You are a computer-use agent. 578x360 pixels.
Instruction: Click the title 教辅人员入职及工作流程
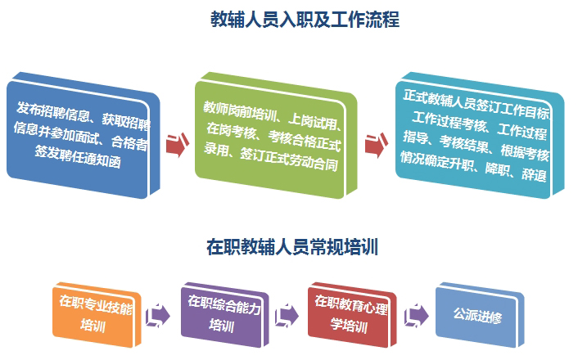click(x=305, y=20)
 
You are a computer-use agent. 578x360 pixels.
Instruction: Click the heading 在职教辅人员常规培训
click(x=292, y=247)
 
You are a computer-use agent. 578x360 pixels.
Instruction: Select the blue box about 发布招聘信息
click(x=84, y=135)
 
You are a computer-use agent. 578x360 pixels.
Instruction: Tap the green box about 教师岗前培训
click(x=276, y=135)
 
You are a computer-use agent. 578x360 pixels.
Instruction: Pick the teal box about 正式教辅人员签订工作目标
click(x=480, y=135)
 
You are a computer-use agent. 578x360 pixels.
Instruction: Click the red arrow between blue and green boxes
click(x=178, y=145)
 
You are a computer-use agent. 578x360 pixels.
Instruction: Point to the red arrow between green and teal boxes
click(x=377, y=145)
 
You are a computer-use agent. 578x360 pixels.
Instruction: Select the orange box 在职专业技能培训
click(x=97, y=315)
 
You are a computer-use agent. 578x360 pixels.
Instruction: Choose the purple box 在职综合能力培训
click(x=225, y=315)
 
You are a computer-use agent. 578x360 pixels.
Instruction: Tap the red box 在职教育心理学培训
click(x=352, y=315)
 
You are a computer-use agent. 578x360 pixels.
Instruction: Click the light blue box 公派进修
click(x=480, y=315)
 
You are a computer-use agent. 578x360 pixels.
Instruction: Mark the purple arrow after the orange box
click(x=158, y=316)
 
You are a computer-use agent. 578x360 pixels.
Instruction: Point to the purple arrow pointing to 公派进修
click(x=417, y=316)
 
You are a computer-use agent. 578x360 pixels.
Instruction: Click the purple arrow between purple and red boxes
click(x=287, y=316)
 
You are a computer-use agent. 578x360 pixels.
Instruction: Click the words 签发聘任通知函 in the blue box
click(x=78, y=156)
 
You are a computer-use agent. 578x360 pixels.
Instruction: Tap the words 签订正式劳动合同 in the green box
click(x=289, y=159)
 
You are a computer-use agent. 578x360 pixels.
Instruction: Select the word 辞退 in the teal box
click(x=534, y=174)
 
